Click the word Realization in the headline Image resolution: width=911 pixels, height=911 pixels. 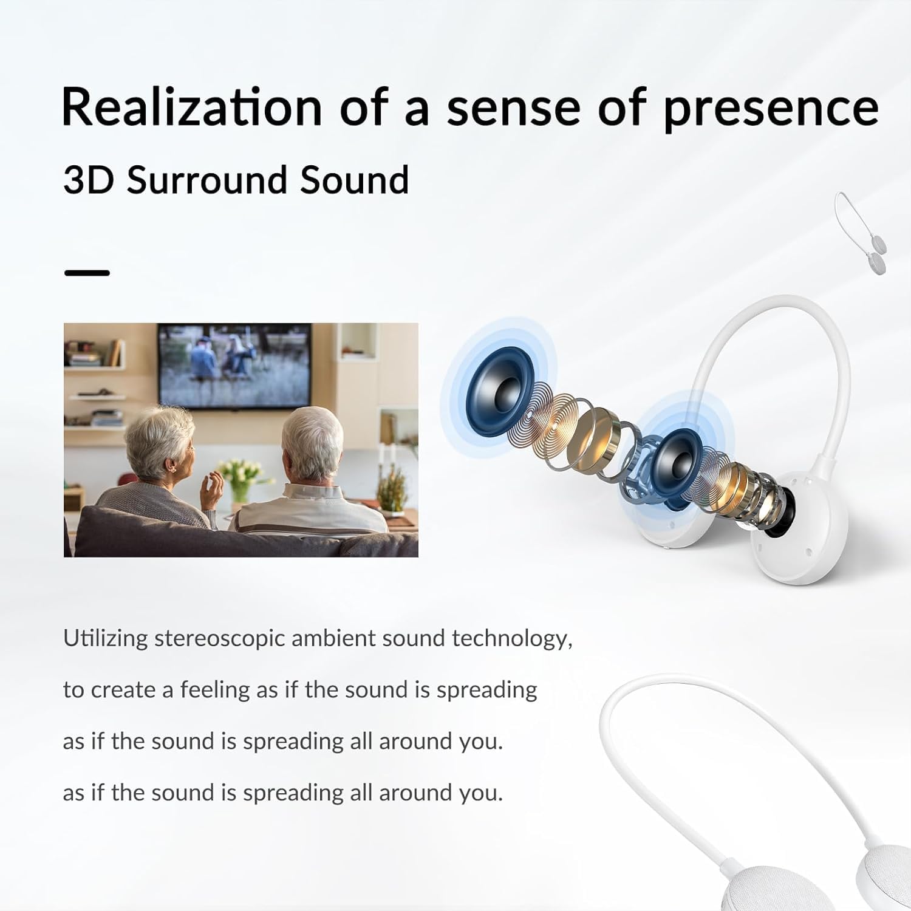[191, 106]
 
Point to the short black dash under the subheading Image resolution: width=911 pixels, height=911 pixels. [87, 273]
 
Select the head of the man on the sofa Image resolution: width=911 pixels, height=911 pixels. [313, 446]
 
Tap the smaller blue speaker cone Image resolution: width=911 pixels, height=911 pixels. [678, 455]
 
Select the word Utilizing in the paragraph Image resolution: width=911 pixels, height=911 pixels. [106, 638]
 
